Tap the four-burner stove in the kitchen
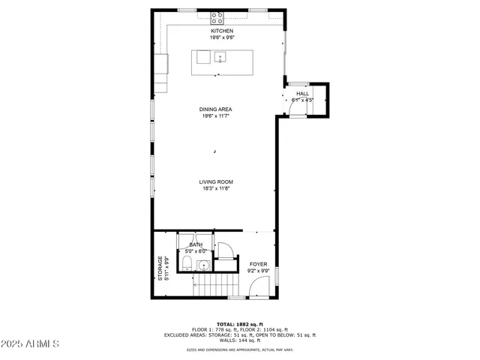(218, 16)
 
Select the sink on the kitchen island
(220, 56)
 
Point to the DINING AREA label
(215, 109)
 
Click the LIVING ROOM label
(215, 182)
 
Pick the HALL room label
(302, 93)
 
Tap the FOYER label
(258, 265)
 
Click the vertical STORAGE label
(159, 268)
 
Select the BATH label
(196, 244)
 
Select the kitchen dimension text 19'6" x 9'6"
(221, 37)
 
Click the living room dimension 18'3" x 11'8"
(215, 188)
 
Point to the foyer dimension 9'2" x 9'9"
(258, 271)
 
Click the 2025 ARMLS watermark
(31, 344)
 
